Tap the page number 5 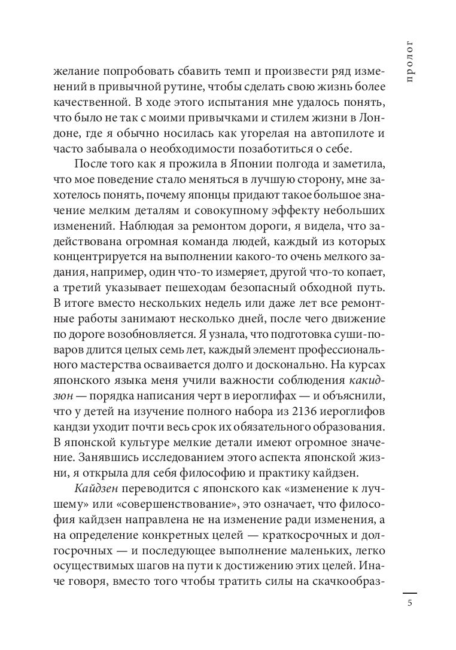tap(410, 603)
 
